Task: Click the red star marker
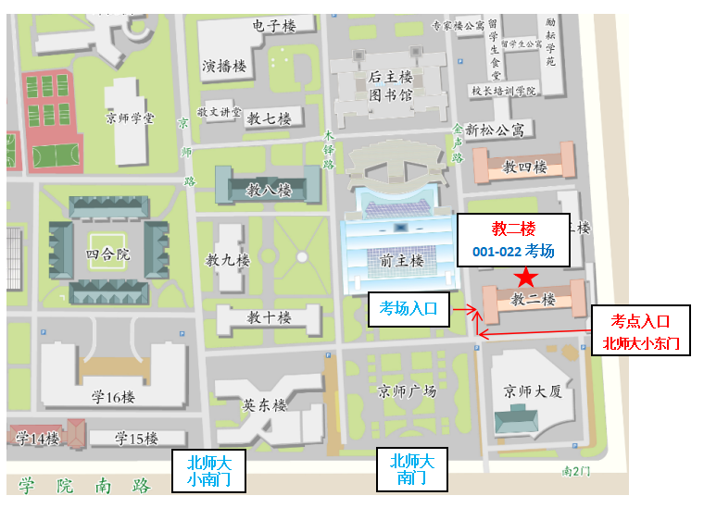point(526,277)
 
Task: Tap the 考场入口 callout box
point(409,309)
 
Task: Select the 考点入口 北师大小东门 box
point(641,330)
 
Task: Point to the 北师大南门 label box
point(412,470)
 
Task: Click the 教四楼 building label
point(524,167)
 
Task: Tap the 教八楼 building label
point(269,191)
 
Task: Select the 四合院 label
point(108,253)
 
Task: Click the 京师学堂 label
point(131,118)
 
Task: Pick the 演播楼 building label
point(225,66)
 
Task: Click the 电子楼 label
point(273,26)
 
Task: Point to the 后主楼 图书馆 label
point(390,86)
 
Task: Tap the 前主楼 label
point(401,261)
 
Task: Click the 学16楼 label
point(113,397)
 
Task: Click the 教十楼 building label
point(269,317)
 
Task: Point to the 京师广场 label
point(408,390)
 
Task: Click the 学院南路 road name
point(83,484)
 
